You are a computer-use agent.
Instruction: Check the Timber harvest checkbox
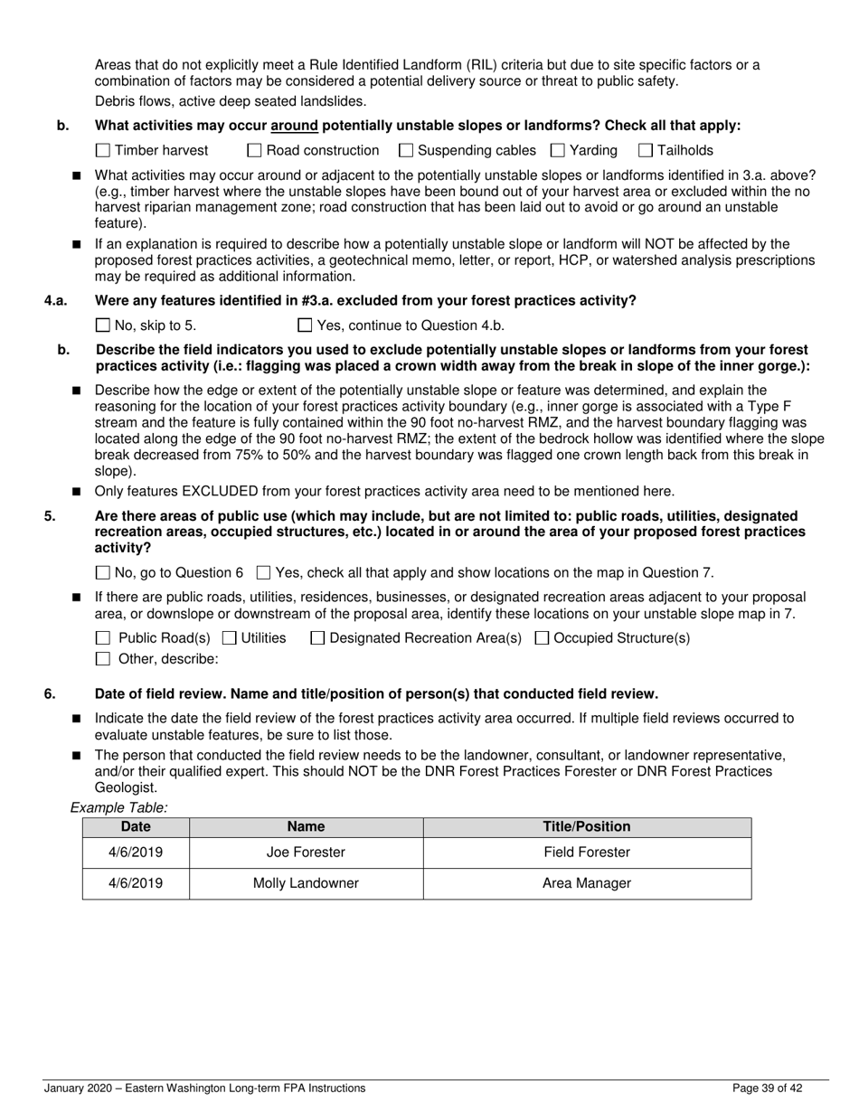pyautogui.click(x=102, y=151)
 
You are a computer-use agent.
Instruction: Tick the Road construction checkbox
pyautogui.click(x=255, y=151)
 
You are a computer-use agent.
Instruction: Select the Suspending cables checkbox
pyautogui.click(x=406, y=151)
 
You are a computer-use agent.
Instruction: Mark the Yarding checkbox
pyautogui.click(x=558, y=151)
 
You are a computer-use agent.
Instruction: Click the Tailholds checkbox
pyautogui.click(x=646, y=151)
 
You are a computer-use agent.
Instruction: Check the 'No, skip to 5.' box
pyautogui.click(x=102, y=325)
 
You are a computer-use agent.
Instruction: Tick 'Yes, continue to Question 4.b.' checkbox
pyautogui.click(x=305, y=325)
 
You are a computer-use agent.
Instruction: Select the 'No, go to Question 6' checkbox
pyautogui.click(x=102, y=572)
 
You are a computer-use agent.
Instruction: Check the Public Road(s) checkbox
pyautogui.click(x=102, y=638)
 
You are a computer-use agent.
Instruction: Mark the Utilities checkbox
pyautogui.click(x=229, y=638)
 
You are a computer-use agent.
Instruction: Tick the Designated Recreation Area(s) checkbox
pyautogui.click(x=317, y=638)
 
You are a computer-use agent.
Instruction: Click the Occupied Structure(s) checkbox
pyautogui.click(x=542, y=638)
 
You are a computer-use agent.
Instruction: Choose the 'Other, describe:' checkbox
pyautogui.click(x=102, y=659)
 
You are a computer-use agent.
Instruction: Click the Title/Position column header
pyautogui.click(x=586, y=827)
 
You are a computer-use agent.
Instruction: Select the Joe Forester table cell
pyautogui.click(x=306, y=853)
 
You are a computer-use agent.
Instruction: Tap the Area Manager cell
pyautogui.click(x=586, y=884)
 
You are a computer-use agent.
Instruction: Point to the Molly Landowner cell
pyautogui.click(x=306, y=884)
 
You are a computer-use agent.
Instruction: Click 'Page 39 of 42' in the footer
pyautogui.click(x=767, y=1088)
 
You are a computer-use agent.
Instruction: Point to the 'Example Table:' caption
pyautogui.click(x=118, y=808)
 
